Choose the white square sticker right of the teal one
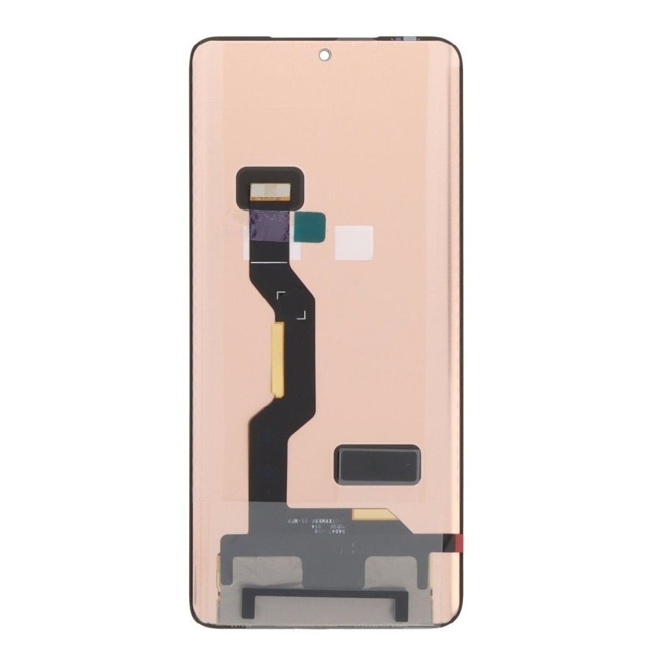[x=354, y=242]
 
